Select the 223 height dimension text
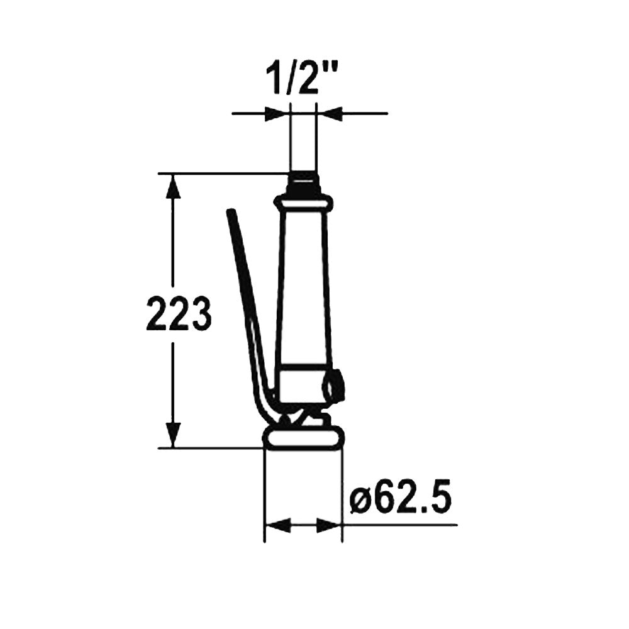[178, 313]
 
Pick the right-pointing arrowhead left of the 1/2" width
[277, 113]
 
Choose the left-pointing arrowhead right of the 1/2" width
[330, 113]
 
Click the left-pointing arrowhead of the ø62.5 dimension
[277, 525]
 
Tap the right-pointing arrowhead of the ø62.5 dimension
[330, 525]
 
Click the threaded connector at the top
[304, 183]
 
